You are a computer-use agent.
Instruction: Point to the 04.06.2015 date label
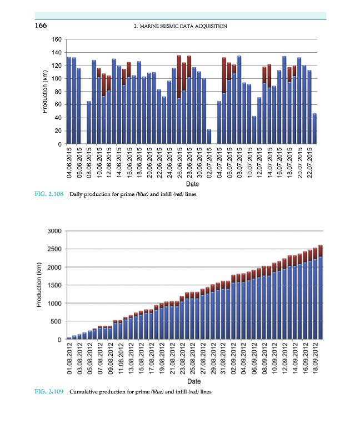point(69,164)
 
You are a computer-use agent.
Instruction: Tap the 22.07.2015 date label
point(309,164)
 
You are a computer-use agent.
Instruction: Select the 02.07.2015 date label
point(209,164)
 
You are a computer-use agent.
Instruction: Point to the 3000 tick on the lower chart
point(53,231)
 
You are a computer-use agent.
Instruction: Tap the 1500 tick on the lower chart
point(53,285)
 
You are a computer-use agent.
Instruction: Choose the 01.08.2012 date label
point(69,359)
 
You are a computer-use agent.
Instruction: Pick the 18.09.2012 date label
point(315,359)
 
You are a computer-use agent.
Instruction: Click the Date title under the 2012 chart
point(194,382)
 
